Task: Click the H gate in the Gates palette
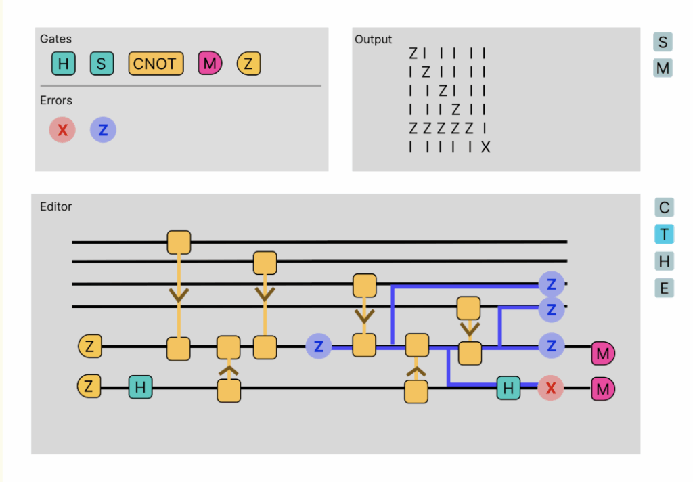63,64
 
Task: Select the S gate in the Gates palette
102,64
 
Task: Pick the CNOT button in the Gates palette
156,64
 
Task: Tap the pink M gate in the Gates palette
210,64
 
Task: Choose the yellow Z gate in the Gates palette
248,64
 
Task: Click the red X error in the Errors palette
62,130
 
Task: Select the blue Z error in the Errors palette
103,130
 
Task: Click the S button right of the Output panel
663,42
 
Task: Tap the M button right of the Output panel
663,68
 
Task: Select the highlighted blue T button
664,234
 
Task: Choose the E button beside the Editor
664,288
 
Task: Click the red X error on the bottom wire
550,389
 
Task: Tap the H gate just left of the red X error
508,388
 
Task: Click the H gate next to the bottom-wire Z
140,387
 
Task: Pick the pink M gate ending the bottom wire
603,389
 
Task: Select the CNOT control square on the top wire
179,242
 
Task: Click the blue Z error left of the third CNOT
319,346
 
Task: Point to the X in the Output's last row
485,148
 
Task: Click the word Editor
55,206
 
